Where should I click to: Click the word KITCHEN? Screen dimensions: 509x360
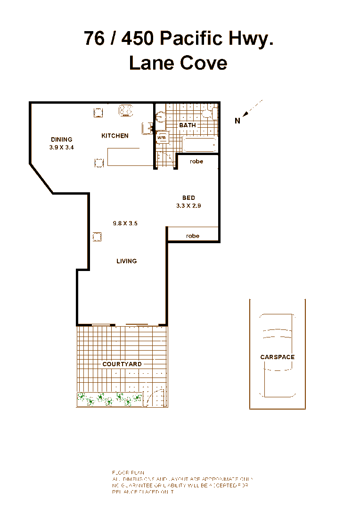click(115, 136)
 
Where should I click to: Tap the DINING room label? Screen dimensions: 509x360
click(62, 140)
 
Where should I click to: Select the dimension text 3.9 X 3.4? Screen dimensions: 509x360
click(62, 147)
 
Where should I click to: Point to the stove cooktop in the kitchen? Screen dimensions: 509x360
click(126, 110)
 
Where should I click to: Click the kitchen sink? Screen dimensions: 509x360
click(147, 128)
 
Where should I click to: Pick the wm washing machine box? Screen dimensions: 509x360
click(162, 137)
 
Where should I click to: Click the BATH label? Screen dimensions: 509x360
click(188, 125)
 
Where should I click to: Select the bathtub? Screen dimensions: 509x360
click(200, 145)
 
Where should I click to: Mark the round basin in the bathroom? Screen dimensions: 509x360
click(160, 116)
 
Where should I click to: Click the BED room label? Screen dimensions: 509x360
click(188, 198)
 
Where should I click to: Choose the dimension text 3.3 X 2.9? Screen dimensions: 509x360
click(188, 205)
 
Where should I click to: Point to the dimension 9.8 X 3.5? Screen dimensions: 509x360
click(125, 223)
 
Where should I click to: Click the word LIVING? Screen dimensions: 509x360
click(127, 261)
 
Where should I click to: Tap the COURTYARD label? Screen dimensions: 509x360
click(122, 364)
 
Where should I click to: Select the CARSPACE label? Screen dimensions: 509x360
click(278, 357)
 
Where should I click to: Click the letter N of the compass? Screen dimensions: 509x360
click(237, 121)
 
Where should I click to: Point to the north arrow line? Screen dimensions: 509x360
click(253, 108)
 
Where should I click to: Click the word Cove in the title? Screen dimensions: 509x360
click(205, 63)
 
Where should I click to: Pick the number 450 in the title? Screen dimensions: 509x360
click(137, 38)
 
